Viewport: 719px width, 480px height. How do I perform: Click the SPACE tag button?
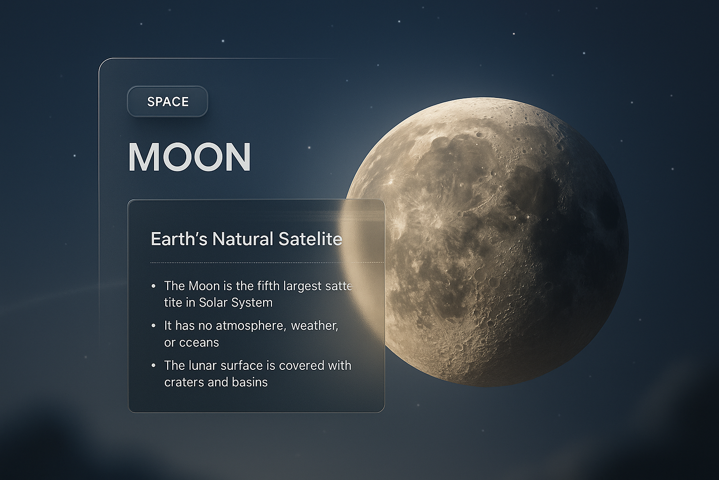tap(168, 101)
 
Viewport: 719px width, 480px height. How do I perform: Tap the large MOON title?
tap(190, 157)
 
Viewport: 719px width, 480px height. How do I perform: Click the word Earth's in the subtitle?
tap(179, 239)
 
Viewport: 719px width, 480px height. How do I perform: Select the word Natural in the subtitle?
tap(242, 239)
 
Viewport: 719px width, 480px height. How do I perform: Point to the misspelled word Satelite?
tap(310, 239)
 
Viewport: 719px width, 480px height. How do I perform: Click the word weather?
tap(314, 325)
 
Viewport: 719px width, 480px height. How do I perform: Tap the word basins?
tap(249, 382)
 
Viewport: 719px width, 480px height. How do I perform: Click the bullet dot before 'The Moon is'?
tap(153, 286)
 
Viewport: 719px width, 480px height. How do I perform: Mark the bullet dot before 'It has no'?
tap(153, 325)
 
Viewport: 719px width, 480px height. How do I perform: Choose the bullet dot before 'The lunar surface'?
tap(153, 366)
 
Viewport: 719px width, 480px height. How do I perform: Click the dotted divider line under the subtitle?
tap(243, 263)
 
